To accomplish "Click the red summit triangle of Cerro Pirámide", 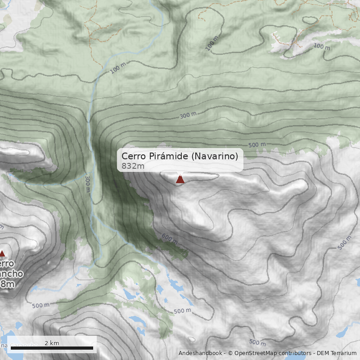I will pyautogui.click(x=180, y=180).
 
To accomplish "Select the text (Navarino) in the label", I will pyautogui.click(x=215, y=156).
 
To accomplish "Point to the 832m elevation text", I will pyautogui.click(x=133, y=166).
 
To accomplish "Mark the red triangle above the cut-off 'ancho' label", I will pyautogui.click(x=2, y=253).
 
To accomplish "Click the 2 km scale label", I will pyautogui.click(x=52, y=343).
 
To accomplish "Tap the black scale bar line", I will pyautogui.click(x=52, y=348).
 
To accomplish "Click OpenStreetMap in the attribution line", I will pyautogui.click(x=255, y=353).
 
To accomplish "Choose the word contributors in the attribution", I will pyautogui.click(x=294, y=353).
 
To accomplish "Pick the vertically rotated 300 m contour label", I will pyautogui.click(x=87, y=184).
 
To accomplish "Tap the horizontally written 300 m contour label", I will pyautogui.click(x=188, y=116).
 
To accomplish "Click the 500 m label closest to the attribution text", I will pyautogui.click(x=257, y=342).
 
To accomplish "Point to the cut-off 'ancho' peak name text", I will pyautogui.click(x=10, y=273).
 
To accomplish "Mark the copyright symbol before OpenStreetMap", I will pyautogui.click(x=230, y=353).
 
